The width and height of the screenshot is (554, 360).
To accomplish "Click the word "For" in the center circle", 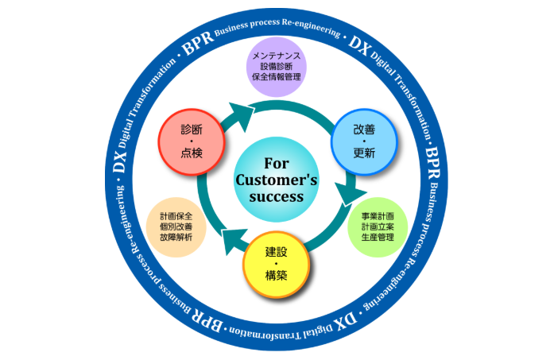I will [276, 163].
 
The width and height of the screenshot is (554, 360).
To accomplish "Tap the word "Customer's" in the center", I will [277, 180].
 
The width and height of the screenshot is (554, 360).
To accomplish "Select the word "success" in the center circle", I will [276, 195].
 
